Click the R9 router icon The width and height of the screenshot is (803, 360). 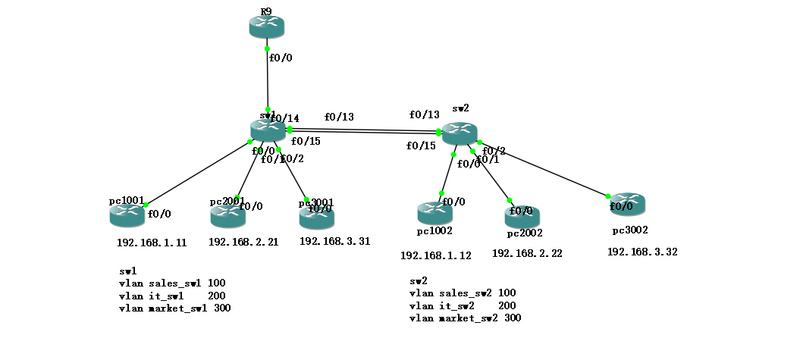pos(266,27)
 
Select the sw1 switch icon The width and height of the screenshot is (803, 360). pos(267,130)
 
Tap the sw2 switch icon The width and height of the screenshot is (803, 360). pos(459,134)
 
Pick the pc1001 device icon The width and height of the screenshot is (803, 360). pos(127,215)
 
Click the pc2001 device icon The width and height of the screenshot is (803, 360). pos(227,216)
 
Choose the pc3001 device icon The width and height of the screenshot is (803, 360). pos(316,218)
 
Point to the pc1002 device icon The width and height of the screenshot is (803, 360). pos(434,213)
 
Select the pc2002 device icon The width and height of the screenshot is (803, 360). pos(522,218)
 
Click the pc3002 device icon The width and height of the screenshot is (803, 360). pos(627,204)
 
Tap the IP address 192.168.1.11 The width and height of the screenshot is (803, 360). pos(152,243)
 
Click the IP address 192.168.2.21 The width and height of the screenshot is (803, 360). pos(243,243)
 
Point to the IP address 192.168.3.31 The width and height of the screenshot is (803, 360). pos(334,241)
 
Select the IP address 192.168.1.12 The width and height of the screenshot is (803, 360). pos(435,255)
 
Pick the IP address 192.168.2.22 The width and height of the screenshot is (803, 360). pos(527,253)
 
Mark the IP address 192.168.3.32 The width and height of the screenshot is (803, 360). pos(642,252)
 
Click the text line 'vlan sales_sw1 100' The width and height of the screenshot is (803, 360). pos(172,283)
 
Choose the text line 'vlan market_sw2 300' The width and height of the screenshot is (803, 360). pos(465,318)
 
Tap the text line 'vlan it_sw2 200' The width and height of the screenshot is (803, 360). pos(463,305)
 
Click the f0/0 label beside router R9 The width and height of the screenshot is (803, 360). pos(281,58)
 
